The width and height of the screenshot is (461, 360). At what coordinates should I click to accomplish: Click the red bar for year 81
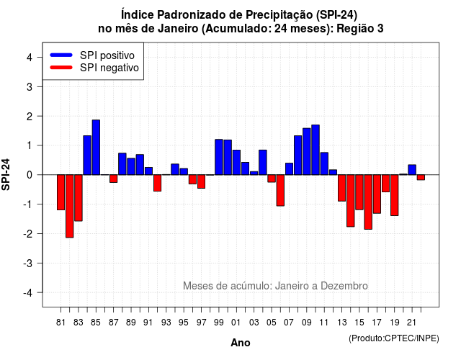tap(61, 192)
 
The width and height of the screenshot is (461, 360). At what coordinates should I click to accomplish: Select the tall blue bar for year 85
tap(96, 147)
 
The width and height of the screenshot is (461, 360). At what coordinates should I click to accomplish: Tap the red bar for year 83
tap(79, 198)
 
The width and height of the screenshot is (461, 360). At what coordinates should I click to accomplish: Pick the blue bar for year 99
tap(219, 157)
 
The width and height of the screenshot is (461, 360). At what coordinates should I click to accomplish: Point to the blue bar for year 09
tap(307, 151)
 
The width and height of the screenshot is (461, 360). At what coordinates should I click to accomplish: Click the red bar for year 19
tap(395, 195)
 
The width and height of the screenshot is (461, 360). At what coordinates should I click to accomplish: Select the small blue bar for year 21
tap(412, 170)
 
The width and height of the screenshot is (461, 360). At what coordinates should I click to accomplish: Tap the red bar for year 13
tap(341, 188)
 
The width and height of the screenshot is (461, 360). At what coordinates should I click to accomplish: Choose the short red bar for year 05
tap(272, 179)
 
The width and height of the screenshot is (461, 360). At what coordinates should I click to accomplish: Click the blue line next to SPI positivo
tap(61, 55)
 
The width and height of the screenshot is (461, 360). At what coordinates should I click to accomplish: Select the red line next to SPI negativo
tap(61, 67)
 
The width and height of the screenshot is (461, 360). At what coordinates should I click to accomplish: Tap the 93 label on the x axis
tap(166, 323)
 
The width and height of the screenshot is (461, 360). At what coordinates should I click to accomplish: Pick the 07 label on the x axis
tap(289, 323)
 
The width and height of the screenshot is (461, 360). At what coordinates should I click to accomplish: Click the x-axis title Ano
tap(241, 343)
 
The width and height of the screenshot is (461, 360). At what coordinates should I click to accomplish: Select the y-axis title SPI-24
tap(6, 174)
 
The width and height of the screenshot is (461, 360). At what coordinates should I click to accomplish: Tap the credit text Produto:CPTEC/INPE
tap(394, 338)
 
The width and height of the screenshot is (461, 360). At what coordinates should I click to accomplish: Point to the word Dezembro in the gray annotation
tap(344, 286)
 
